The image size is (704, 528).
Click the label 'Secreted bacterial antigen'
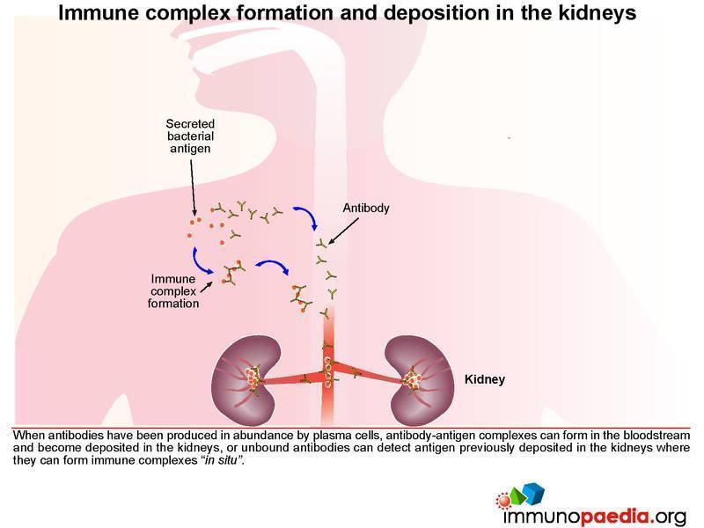[x=190, y=136]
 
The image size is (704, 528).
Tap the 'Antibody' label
[x=366, y=208]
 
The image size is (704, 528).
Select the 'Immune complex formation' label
[x=173, y=291]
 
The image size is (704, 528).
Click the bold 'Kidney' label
[x=485, y=379]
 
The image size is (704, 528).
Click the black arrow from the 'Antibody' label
[x=343, y=231]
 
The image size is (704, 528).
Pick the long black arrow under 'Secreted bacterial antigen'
[x=193, y=187]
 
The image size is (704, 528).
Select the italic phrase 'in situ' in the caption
[x=221, y=460]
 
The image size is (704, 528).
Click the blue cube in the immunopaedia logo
[x=534, y=493]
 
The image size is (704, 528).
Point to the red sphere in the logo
[x=504, y=500]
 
